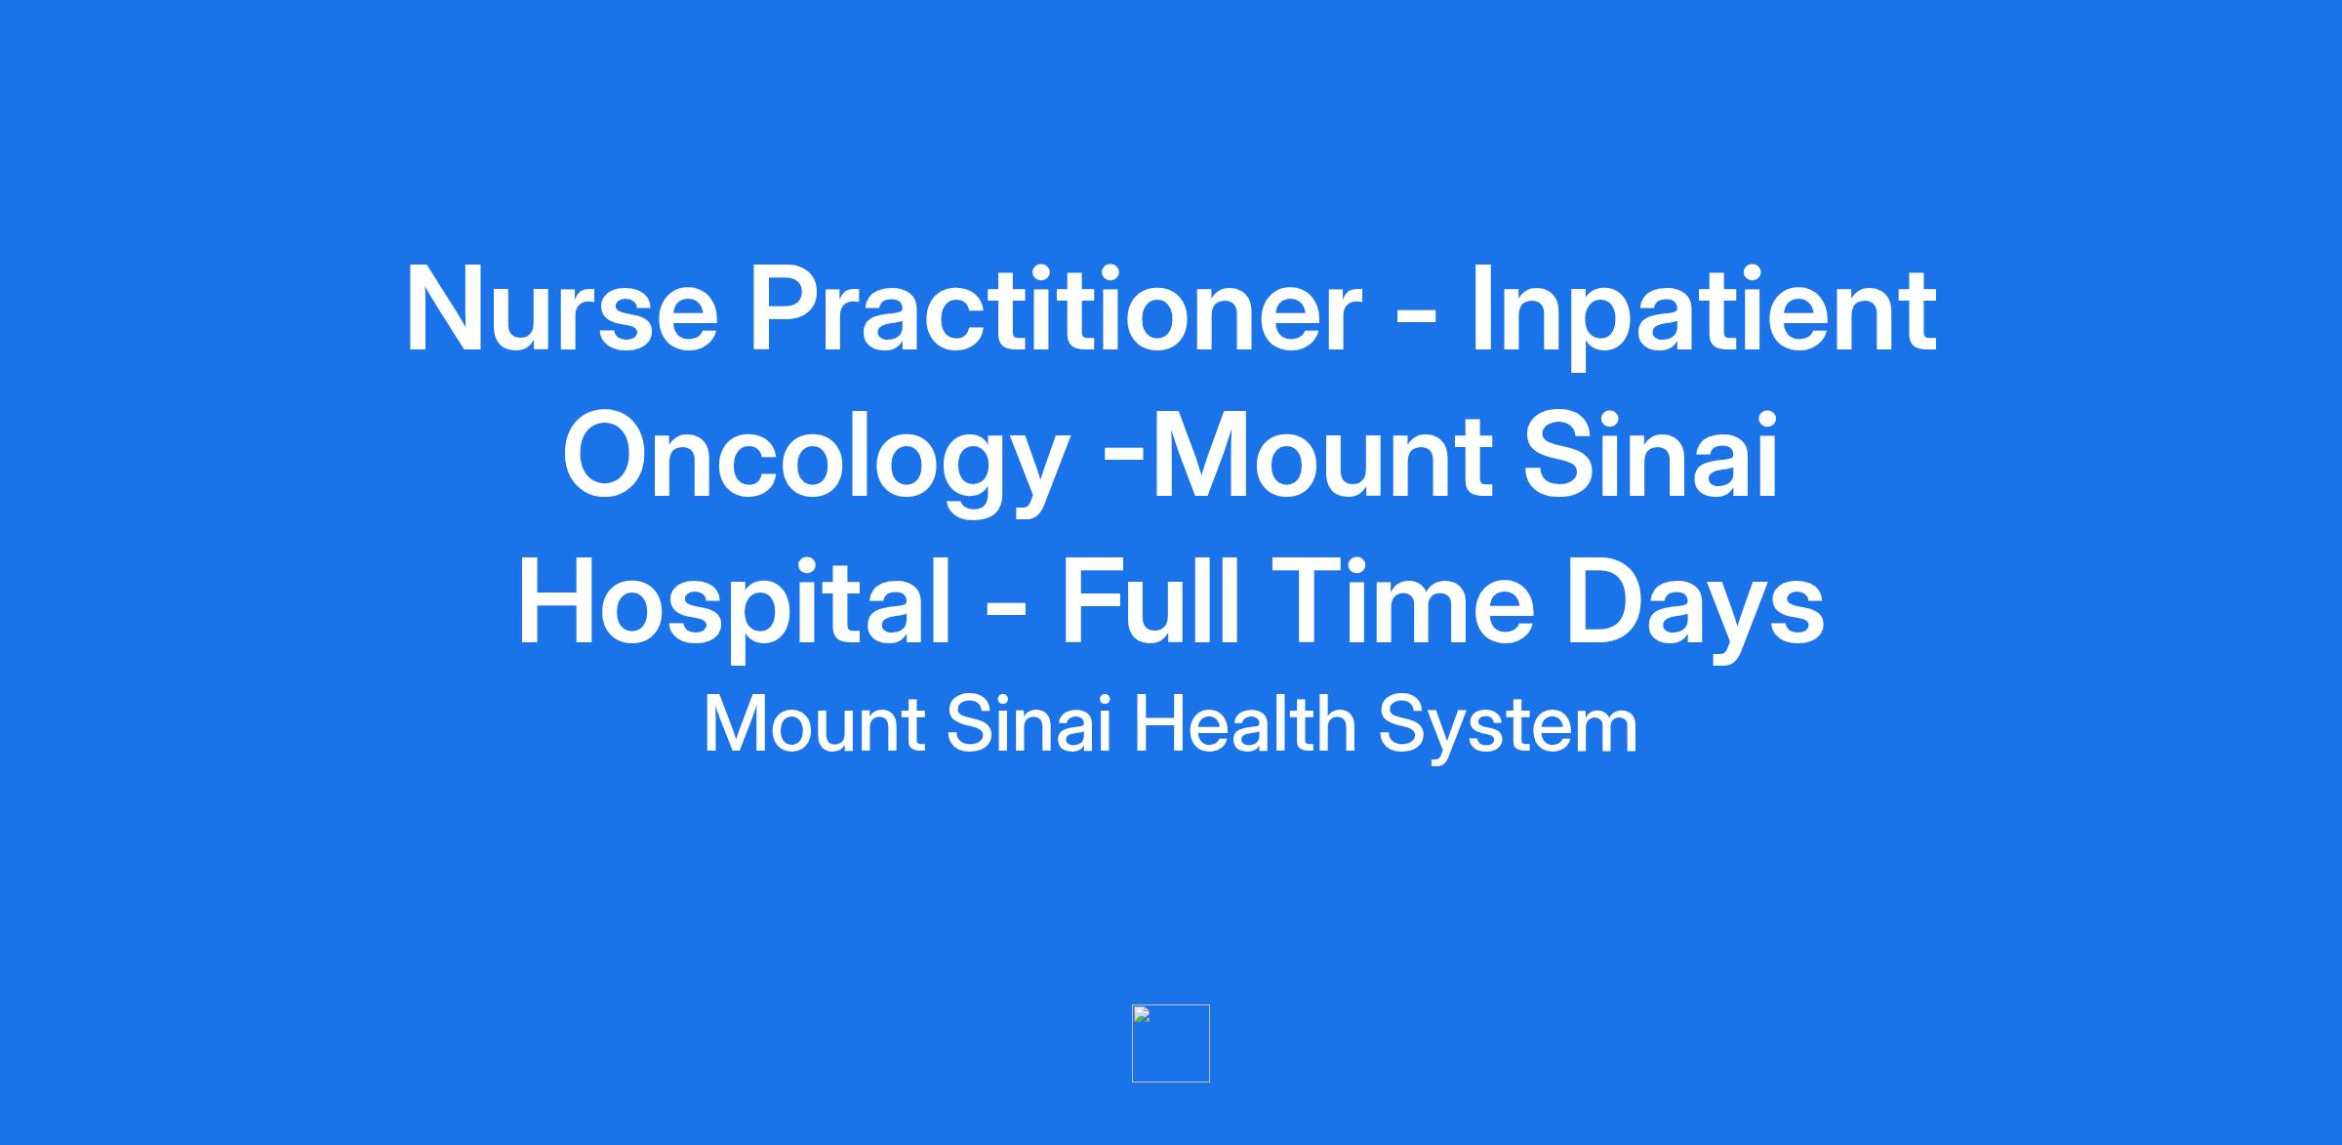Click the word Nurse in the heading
[562, 309]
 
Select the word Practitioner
[1054, 309]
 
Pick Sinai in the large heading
[1652, 456]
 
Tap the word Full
[1151, 601]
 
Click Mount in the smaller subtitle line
[814, 725]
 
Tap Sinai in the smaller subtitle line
[1030, 724]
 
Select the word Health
[1244, 724]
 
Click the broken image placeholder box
[1171, 1043]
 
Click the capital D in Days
[1606, 602]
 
